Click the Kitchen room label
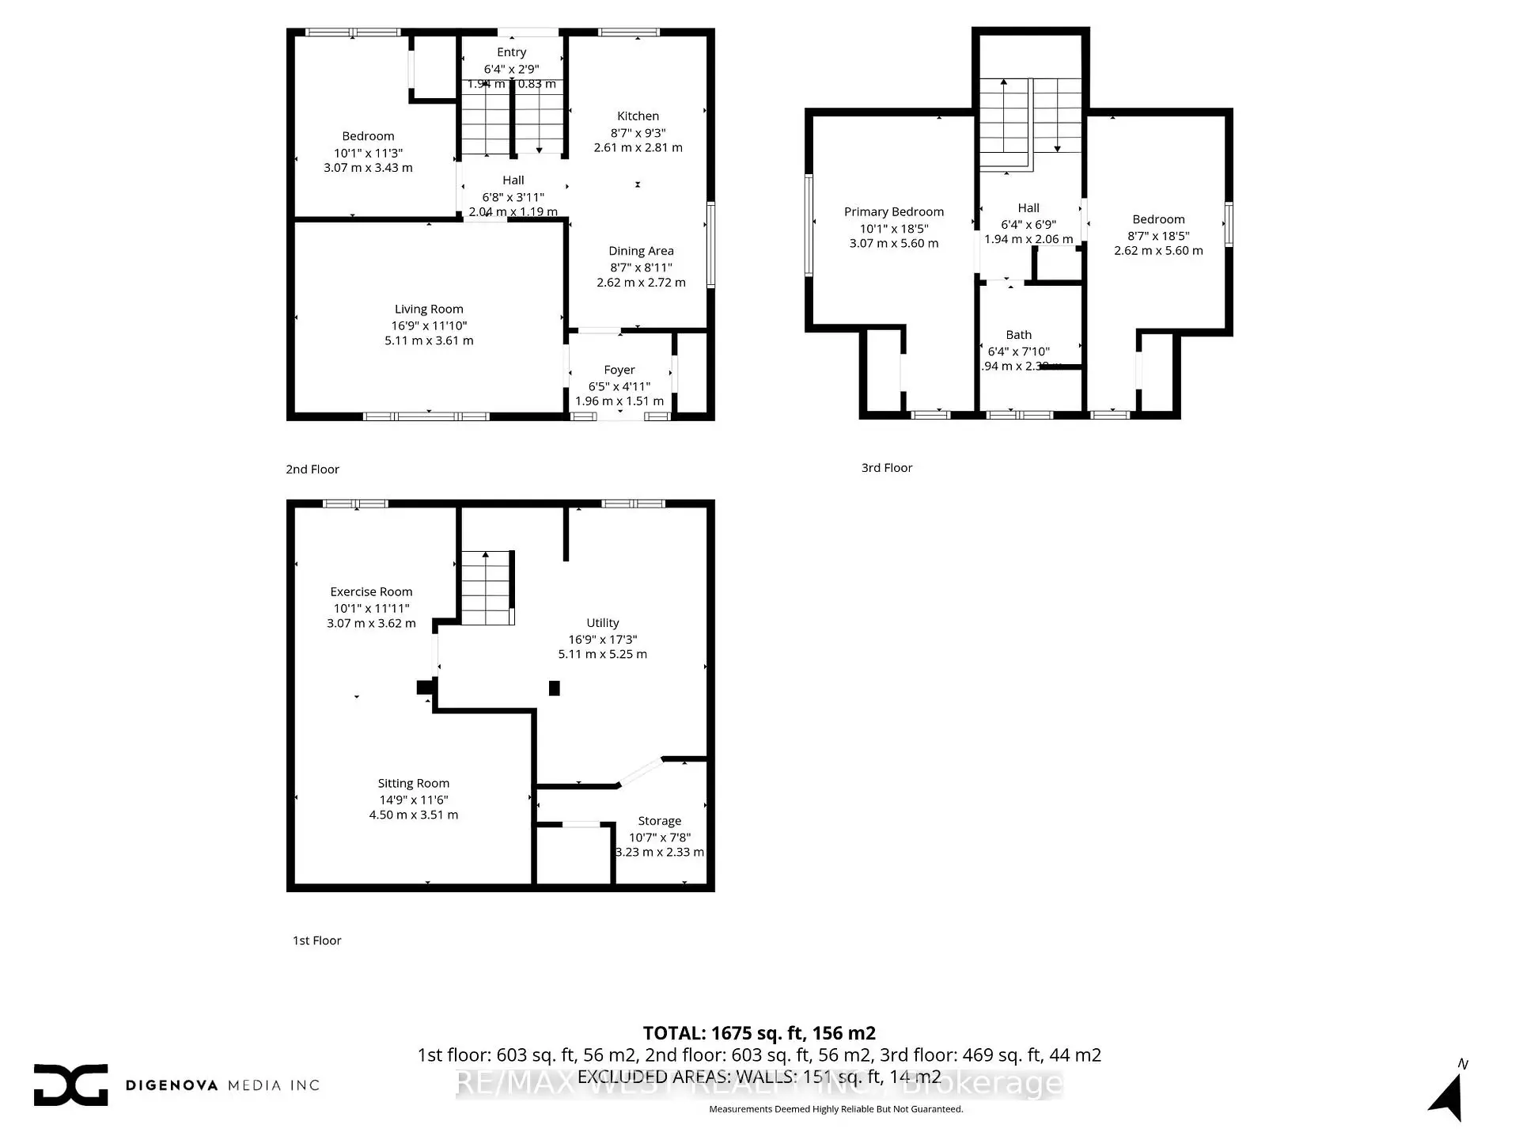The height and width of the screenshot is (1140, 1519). pyautogui.click(x=638, y=116)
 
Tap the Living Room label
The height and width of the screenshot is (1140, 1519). pyautogui.click(x=429, y=310)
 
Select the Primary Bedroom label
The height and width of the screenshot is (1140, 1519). pyautogui.click(x=893, y=212)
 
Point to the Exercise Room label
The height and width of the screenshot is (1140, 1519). pyautogui.click(x=371, y=592)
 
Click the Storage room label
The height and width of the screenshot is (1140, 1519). pyautogui.click(x=659, y=821)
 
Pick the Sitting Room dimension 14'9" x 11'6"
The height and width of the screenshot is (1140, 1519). pyautogui.click(x=413, y=800)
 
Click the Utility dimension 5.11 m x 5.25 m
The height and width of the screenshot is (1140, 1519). pyautogui.click(x=602, y=655)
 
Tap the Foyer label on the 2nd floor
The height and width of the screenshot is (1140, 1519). pyautogui.click(x=619, y=370)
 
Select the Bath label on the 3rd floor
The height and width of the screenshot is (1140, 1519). pyautogui.click(x=1018, y=335)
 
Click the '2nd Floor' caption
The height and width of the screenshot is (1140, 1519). pyautogui.click(x=313, y=469)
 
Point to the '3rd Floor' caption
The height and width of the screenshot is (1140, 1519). pyautogui.click(x=886, y=468)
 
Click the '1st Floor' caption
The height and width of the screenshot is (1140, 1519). pyautogui.click(x=316, y=940)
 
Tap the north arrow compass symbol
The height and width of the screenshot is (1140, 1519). pyautogui.click(x=1448, y=1096)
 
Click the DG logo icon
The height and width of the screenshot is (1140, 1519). pyautogui.click(x=70, y=1085)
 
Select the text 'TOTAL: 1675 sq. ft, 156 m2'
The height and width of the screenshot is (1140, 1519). pyautogui.click(x=759, y=1033)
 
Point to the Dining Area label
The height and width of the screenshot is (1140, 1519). pyautogui.click(x=641, y=251)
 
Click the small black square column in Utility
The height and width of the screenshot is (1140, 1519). pyautogui.click(x=555, y=689)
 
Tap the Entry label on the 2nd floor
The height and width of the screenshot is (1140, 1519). pyautogui.click(x=511, y=52)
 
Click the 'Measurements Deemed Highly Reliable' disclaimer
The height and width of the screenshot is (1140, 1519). pyautogui.click(x=835, y=1109)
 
